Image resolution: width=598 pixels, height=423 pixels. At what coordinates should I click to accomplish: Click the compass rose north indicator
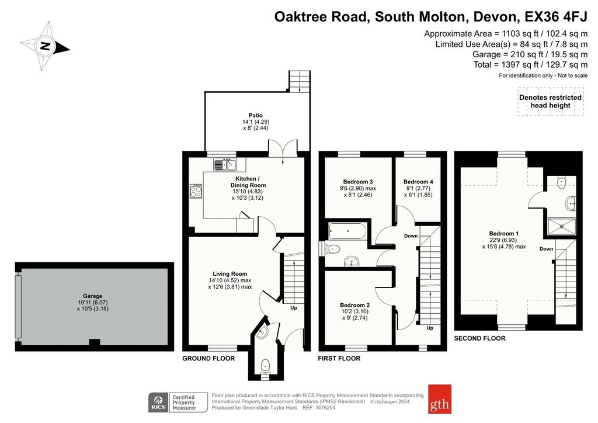pyautogui.click(x=46, y=47)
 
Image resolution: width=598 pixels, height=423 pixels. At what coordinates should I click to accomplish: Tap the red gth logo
pyautogui.click(x=440, y=399)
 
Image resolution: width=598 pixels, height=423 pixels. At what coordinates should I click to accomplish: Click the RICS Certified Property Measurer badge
pyautogui.click(x=178, y=403)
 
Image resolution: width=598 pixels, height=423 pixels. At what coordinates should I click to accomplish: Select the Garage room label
pyautogui.click(x=93, y=296)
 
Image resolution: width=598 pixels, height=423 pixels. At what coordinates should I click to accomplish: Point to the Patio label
pyautogui.click(x=256, y=115)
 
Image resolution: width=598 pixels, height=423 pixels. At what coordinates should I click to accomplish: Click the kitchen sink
pyautogui.click(x=225, y=164)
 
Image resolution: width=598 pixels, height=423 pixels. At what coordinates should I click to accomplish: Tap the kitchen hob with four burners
pyautogui.click(x=196, y=191)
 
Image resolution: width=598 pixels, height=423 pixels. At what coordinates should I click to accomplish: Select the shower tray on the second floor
pyautogui.click(x=562, y=227)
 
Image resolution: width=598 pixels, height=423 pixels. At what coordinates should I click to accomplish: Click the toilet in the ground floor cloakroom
pyautogui.click(x=265, y=366)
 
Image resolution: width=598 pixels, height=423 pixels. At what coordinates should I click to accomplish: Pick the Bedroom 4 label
pyautogui.click(x=418, y=182)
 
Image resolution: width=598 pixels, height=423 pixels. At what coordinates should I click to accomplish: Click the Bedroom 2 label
pyautogui.click(x=354, y=305)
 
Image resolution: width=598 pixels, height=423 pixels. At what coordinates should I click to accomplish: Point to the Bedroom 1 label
pyautogui.click(x=504, y=234)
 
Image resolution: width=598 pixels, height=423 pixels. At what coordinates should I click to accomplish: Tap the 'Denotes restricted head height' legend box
pyautogui.click(x=550, y=102)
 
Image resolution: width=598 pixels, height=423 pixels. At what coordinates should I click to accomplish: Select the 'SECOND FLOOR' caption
pyautogui.click(x=480, y=338)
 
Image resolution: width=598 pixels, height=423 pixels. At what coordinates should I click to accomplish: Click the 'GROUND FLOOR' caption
pyautogui.click(x=208, y=358)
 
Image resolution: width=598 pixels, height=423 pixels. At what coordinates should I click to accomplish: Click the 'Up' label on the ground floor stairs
pyautogui.click(x=294, y=308)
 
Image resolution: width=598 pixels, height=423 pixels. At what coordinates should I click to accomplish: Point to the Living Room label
pyautogui.click(x=230, y=273)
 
